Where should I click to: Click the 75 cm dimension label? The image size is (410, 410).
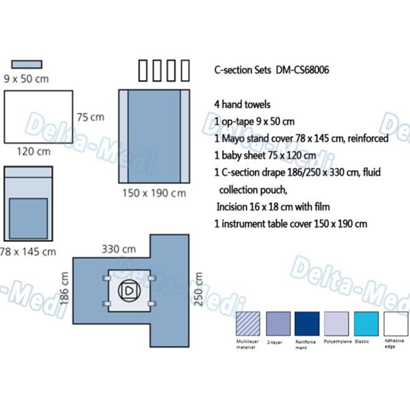(x=90, y=117)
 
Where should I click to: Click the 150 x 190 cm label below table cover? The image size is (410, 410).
(x=154, y=193)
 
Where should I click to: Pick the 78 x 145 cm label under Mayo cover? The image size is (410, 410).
(x=28, y=251)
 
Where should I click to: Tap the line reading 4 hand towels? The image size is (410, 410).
(x=242, y=105)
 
